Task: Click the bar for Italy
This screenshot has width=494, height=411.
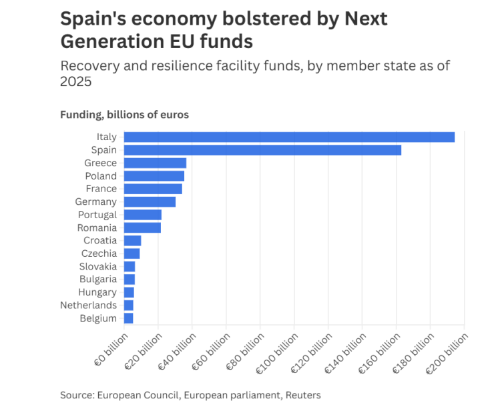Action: [289, 137]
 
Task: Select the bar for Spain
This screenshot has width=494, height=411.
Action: [262, 150]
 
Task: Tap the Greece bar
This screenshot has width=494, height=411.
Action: [155, 163]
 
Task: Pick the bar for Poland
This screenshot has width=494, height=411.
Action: [154, 176]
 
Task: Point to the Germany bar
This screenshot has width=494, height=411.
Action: [150, 201]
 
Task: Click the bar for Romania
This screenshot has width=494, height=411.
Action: [142, 228]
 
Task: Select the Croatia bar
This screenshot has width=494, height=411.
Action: [132, 240]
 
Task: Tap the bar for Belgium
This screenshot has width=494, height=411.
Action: [128, 318]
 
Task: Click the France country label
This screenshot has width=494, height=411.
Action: [101, 189]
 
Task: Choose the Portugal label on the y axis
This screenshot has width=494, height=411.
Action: [97, 215]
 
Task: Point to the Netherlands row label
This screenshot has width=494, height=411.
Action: [89, 305]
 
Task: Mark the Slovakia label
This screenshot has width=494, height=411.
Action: [97, 266]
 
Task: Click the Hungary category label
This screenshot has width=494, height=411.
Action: [97, 292]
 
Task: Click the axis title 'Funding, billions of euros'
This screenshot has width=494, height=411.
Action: [124, 115]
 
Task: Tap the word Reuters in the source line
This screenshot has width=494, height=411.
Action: [303, 395]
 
